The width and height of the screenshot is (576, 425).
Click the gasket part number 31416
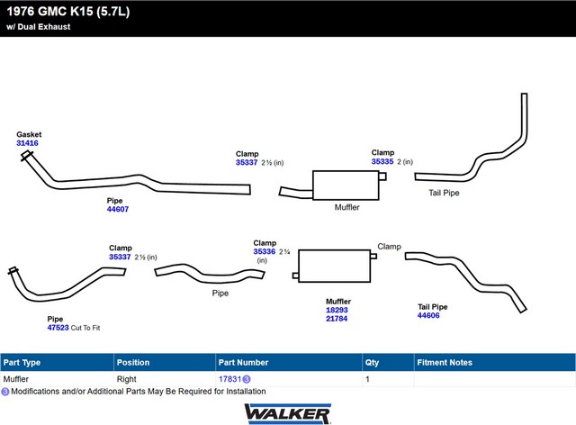pos(27,143)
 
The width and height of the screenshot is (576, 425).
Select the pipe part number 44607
pos(118,209)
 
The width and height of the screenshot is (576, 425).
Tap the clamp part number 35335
pos(382,161)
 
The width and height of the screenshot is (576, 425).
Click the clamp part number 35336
pos(264,251)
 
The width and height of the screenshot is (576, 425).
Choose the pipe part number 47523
pos(58,328)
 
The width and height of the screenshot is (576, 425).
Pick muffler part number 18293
pos(337,310)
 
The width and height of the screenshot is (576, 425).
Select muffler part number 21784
pos(337,319)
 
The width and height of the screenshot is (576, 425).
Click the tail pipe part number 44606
pos(428,315)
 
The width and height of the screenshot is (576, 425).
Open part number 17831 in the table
pos(230,379)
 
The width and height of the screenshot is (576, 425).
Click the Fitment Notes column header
pos(445,363)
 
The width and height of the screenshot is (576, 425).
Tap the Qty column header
pos(372,363)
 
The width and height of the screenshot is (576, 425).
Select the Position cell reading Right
pos(126,379)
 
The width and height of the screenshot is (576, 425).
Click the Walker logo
pos(288,414)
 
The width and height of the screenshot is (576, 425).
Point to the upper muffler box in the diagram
pos(346,185)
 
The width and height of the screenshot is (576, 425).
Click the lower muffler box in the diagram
pos(334,267)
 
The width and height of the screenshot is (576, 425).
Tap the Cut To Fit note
pos(85,328)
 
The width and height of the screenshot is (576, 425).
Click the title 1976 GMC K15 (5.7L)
pos(68,12)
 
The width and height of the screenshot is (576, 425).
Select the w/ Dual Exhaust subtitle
pos(38,27)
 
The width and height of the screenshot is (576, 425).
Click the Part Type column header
pos(22,363)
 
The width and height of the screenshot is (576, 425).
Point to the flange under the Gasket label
pos(26,156)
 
